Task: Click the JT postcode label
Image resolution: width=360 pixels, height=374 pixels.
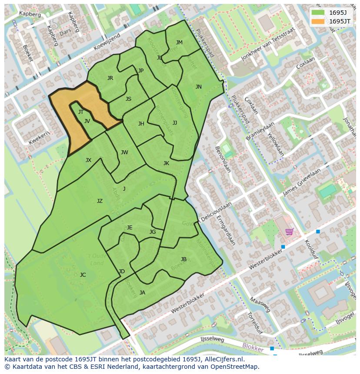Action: tap(81, 112)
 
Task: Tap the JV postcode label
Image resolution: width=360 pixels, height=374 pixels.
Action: tap(87, 121)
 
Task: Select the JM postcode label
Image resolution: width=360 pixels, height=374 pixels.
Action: tap(179, 43)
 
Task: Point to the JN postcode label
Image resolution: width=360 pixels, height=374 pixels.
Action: tap(199, 87)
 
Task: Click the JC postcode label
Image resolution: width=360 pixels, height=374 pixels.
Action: tap(83, 275)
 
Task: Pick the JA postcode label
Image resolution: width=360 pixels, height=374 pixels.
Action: tap(142, 293)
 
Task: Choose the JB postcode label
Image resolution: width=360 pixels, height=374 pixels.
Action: tap(183, 259)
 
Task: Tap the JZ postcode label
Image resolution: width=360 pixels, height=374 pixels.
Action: tap(100, 201)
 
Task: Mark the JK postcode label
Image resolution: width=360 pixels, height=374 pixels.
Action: tap(166, 163)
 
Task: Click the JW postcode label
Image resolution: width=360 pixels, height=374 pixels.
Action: tap(124, 152)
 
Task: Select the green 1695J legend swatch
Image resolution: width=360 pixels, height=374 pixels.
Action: tap(318, 12)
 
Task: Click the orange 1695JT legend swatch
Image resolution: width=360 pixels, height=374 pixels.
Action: tap(318, 21)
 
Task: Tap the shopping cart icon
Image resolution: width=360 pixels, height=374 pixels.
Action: tap(289, 231)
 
